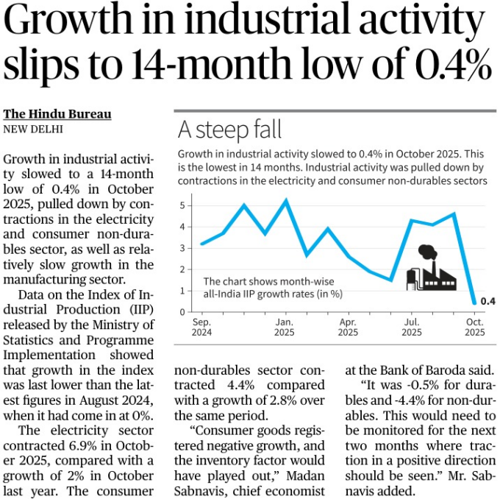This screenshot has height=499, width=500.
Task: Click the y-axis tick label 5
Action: pyautogui.click(x=182, y=205)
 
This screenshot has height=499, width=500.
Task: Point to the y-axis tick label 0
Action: pyautogui.click(x=182, y=312)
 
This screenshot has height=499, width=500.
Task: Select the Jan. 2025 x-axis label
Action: pyautogui.click(x=285, y=327)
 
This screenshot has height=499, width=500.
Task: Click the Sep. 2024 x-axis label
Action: pyautogui.click(x=202, y=327)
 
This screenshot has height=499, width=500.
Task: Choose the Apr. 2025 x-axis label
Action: pyautogui.click(x=348, y=327)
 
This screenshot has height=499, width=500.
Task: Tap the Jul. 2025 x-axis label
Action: pyautogui.click(x=412, y=327)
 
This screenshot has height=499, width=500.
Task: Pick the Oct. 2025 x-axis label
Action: pyautogui.click(x=474, y=327)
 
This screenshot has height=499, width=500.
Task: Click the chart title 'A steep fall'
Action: pyautogui.click(x=229, y=130)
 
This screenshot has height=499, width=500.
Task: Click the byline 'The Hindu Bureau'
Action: pyautogui.click(x=57, y=114)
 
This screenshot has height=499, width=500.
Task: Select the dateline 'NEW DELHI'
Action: pyautogui.click(x=33, y=129)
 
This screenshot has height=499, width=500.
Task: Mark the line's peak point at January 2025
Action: pyautogui.click(x=285, y=200)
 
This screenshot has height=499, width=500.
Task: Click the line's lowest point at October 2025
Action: pyautogui.click(x=473, y=302)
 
